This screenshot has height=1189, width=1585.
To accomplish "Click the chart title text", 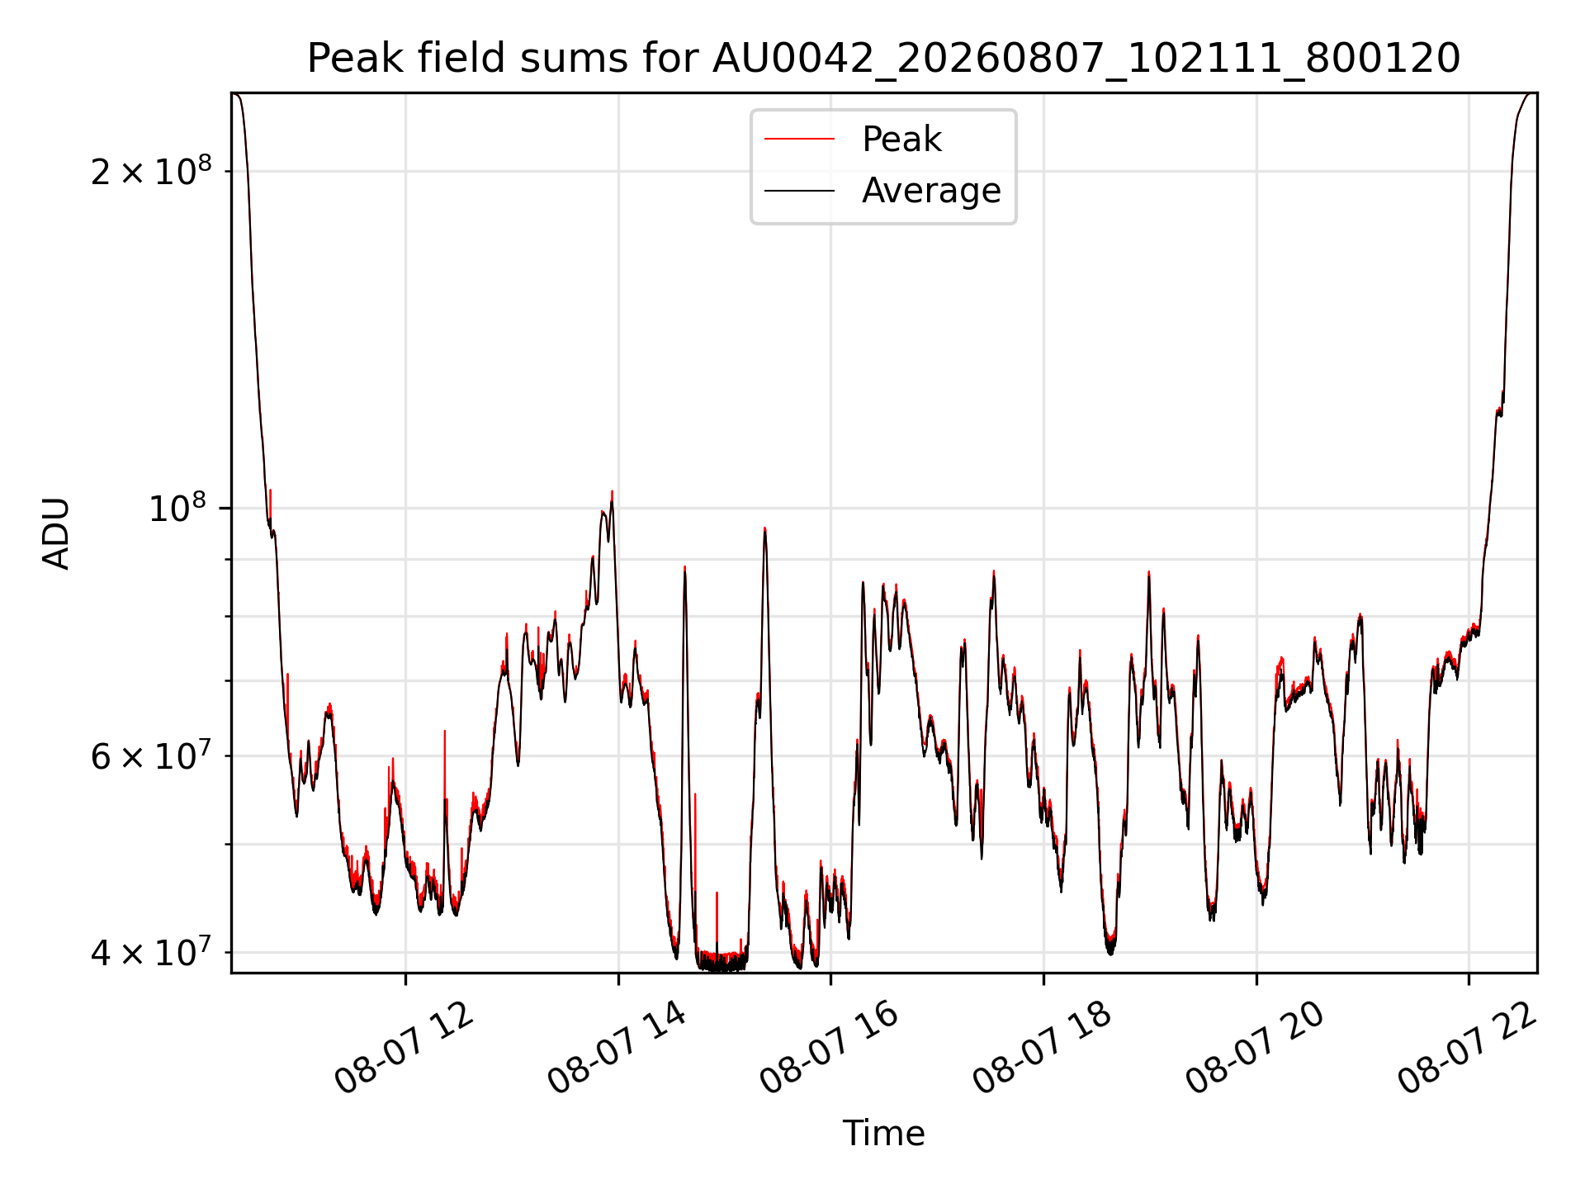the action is (883, 59).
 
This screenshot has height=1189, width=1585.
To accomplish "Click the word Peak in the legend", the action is (901, 139).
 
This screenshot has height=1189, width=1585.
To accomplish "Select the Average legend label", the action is (931, 191).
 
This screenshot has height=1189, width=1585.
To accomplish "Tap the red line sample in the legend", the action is (799, 140).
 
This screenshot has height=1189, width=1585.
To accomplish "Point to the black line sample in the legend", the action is (799, 191).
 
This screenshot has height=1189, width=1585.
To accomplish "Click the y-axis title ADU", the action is (56, 533).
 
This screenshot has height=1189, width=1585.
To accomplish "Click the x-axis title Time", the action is (883, 1133).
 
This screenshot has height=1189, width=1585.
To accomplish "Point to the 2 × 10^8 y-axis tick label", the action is (151, 171).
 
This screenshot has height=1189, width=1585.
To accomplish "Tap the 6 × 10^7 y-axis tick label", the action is (151, 756).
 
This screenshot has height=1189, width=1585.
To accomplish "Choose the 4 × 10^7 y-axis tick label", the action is (151, 952).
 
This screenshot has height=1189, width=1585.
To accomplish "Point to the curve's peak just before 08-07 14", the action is (612, 491).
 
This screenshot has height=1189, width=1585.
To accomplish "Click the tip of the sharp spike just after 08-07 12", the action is (445, 731).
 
